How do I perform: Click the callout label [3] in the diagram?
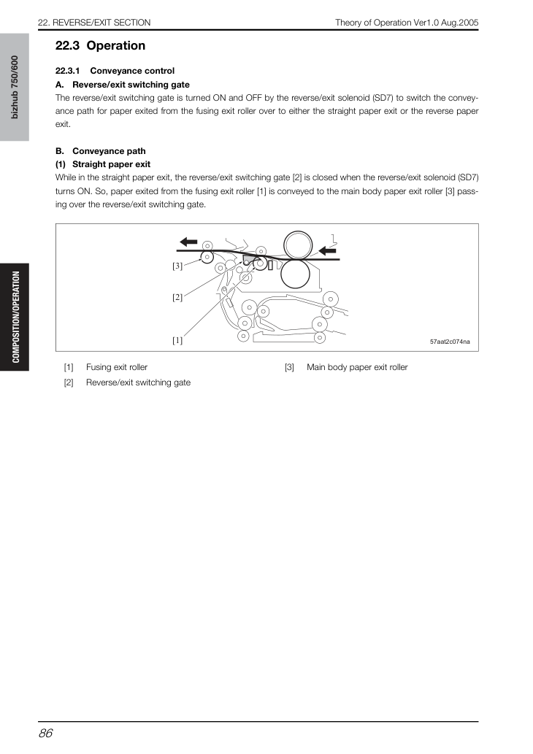pos(177,266)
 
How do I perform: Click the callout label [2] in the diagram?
pos(177,297)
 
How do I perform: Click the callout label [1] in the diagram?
pos(177,340)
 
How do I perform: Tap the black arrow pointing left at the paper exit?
pos(188,242)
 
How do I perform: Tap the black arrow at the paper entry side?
pos(327,250)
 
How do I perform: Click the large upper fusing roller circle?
pos(298,245)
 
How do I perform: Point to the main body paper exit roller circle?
pos(207,257)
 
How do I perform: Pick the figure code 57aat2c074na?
pos(450,342)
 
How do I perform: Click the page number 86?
pos(46,734)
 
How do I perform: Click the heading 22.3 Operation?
pos(101,46)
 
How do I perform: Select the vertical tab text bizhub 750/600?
pos(15,87)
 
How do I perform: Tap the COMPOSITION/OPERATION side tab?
pos(16,317)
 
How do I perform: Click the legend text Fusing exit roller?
pos(117,367)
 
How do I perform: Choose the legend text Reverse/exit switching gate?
pos(139,382)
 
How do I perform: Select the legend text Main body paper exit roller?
pos(358,367)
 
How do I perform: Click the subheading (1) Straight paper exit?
pos(103,164)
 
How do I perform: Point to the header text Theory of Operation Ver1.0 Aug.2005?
pos(407,23)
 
